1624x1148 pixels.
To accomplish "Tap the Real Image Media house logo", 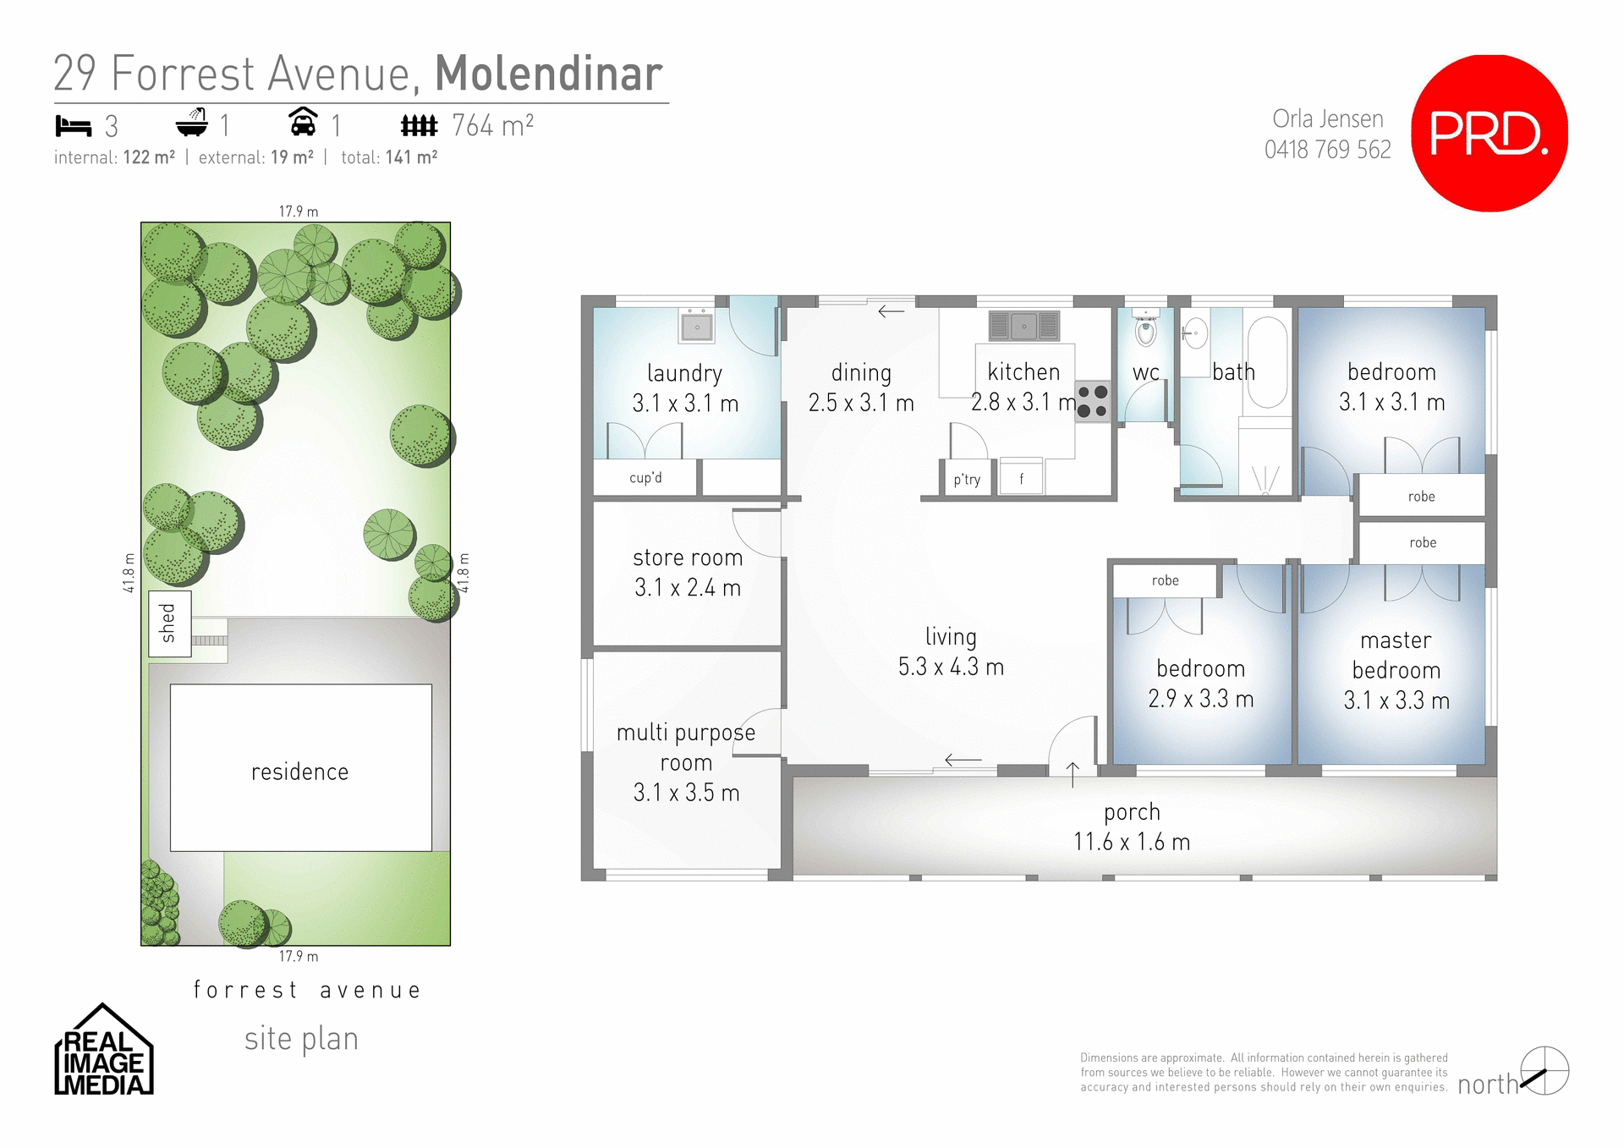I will [103, 1052].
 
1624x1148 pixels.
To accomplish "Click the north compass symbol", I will [1544, 1071].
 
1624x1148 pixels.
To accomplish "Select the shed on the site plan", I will [169, 623].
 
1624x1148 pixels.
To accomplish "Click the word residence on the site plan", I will [299, 772].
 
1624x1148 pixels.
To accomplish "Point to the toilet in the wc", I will [1146, 330].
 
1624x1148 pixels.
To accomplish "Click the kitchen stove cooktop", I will [1093, 402].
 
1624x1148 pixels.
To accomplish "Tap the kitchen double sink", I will [1023, 326].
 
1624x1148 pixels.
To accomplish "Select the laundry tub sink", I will [697, 327].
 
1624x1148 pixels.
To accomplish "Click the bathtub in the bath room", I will [1267, 362].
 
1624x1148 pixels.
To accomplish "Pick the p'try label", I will [967, 480].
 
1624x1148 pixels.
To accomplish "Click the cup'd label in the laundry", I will [645, 478].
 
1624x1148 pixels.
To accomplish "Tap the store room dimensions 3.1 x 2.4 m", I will [688, 587].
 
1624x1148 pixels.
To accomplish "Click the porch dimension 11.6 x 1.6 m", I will [1132, 842].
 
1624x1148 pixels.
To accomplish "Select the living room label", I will [951, 636].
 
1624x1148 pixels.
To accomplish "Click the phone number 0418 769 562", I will [1327, 150].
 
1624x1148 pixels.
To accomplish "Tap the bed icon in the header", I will [74, 126].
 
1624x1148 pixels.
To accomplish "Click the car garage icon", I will [303, 123].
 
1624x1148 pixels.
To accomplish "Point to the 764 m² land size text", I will [492, 126].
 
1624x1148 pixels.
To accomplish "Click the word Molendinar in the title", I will [548, 74].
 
